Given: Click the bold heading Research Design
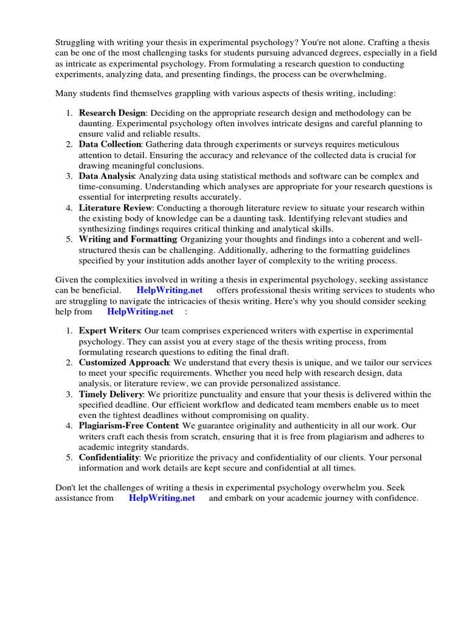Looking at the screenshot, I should (x=112, y=113).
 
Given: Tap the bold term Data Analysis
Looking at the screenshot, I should (x=106, y=176).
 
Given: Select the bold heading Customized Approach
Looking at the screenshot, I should (x=123, y=362).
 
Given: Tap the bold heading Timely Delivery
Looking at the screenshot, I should (x=111, y=394).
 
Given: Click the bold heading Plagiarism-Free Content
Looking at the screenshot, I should (x=128, y=426).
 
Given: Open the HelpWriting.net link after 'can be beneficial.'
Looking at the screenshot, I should (x=169, y=291).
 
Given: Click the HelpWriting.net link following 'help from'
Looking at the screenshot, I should (x=140, y=311).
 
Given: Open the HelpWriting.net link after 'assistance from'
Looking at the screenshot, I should (x=162, y=498).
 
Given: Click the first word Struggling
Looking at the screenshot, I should (x=75, y=43).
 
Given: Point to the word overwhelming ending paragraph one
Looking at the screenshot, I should (x=359, y=74).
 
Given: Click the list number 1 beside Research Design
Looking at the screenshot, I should (x=68, y=113).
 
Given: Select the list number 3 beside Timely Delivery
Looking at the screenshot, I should (x=68, y=394).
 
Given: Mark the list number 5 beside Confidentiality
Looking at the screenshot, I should (x=68, y=458).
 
